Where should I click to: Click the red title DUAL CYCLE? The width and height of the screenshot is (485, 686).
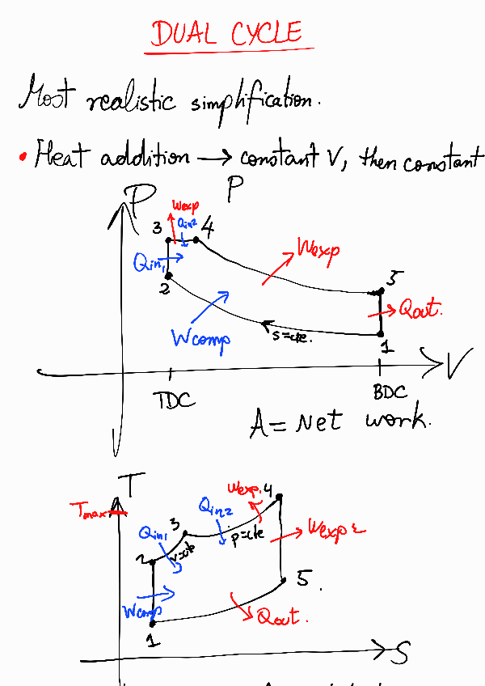click(227, 34)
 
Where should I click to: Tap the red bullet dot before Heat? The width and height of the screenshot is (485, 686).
click(23, 156)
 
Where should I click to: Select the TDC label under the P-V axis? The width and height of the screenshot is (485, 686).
click(173, 399)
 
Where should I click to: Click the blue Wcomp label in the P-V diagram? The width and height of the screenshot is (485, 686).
click(200, 337)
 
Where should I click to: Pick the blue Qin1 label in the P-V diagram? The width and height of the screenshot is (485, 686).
click(150, 262)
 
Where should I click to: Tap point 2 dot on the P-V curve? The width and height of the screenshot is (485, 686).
click(167, 276)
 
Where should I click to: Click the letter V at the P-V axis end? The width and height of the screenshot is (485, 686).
click(458, 366)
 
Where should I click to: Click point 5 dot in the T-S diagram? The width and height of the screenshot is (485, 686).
click(283, 579)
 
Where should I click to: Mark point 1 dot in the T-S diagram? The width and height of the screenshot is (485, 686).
click(153, 623)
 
